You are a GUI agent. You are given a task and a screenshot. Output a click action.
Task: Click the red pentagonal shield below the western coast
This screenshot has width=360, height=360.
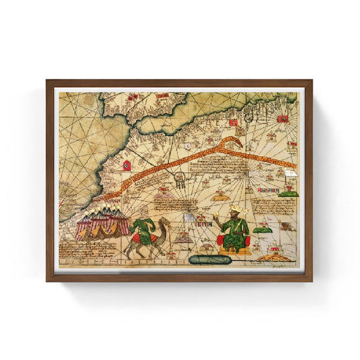click(x=126, y=164)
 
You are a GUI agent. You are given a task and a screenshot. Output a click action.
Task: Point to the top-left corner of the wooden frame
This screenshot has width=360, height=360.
click(x=47, y=81)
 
